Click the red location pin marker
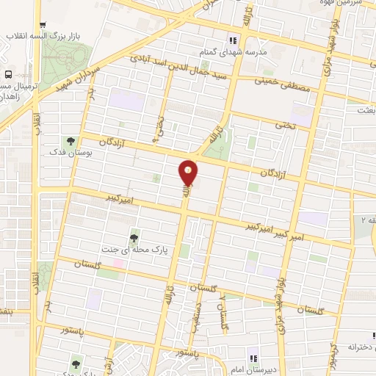189,173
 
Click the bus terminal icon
8,75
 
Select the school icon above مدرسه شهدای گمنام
233,40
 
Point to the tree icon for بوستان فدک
71,140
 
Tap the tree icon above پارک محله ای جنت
134,237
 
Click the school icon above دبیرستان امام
252,359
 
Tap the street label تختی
283,126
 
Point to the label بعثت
364,109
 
